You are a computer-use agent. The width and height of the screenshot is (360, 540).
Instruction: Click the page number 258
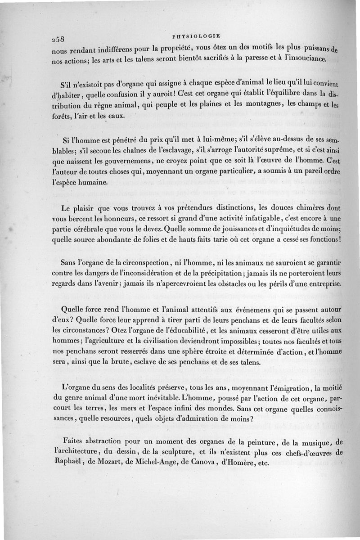coord(59,38)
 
